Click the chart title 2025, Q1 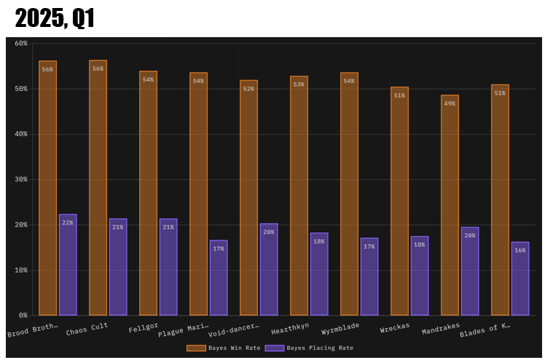point(55,18)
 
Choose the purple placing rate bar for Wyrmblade point(369,276)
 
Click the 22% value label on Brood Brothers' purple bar point(68,222)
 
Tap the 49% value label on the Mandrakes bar point(450,103)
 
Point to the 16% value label point(520,250)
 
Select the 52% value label point(248,89)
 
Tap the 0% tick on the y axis point(23,316)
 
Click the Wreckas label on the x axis point(395,327)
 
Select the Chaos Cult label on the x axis point(87,329)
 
